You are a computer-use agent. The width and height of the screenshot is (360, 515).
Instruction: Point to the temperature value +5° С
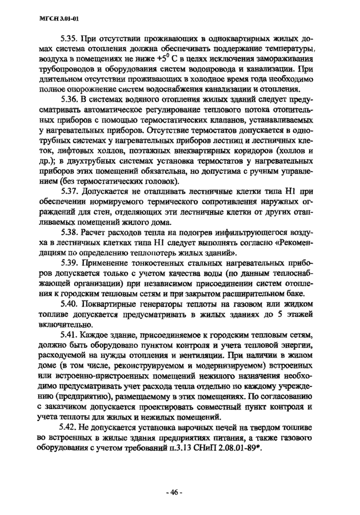click(151, 60)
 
